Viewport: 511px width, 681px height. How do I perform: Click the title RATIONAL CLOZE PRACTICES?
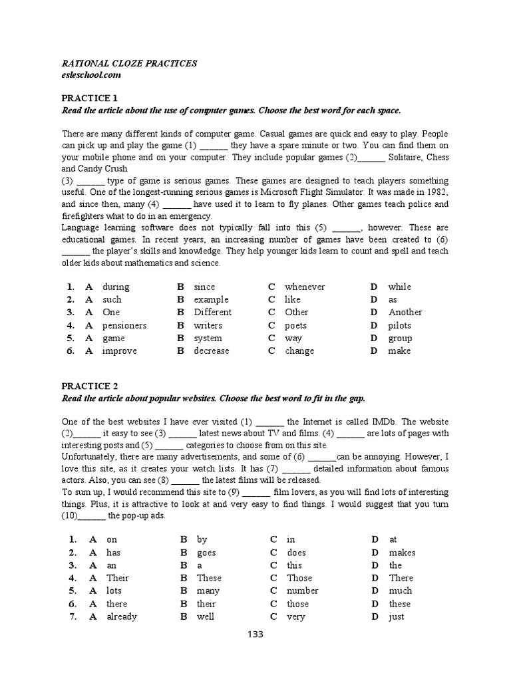(129, 63)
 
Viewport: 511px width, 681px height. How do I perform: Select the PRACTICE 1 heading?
(89, 98)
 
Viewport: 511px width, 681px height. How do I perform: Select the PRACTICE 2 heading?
(89, 386)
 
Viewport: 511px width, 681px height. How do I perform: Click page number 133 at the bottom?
(255, 634)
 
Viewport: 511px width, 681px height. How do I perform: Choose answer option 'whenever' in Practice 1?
(305, 287)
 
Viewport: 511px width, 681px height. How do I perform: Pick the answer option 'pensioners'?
(124, 325)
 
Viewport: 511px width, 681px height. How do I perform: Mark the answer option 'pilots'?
(400, 325)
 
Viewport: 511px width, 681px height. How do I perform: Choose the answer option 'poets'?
(296, 325)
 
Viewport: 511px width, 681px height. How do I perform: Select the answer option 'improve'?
(119, 350)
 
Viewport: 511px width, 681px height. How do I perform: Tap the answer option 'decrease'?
(211, 350)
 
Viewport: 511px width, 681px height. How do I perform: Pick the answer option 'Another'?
(405, 312)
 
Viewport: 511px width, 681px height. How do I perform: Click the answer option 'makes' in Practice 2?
(402, 553)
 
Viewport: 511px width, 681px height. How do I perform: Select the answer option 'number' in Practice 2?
(302, 591)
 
